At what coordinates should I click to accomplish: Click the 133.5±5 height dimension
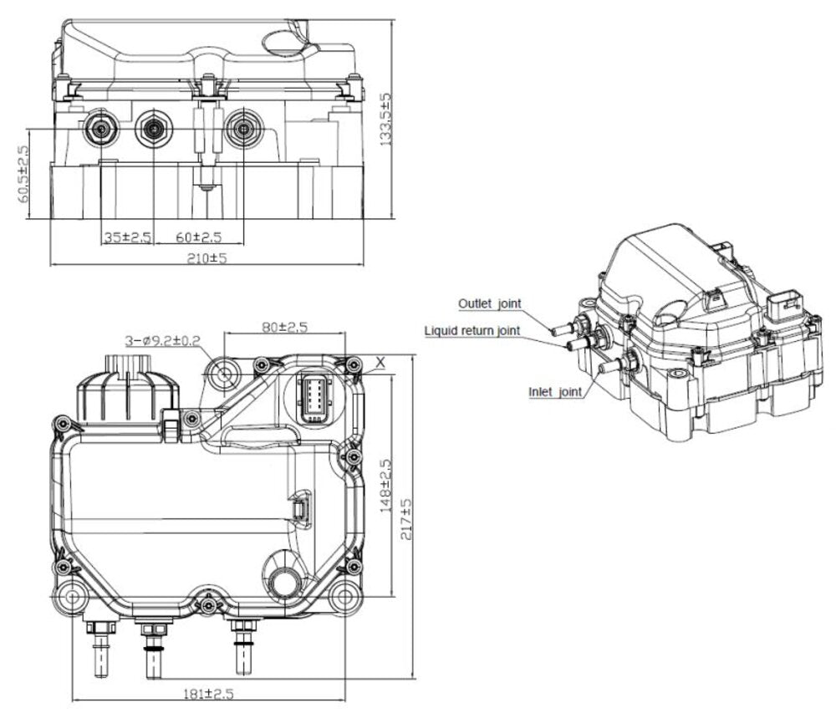tap(385, 120)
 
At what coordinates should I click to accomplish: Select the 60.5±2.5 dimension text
tap(23, 175)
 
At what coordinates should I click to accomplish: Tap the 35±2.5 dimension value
tap(127, 237)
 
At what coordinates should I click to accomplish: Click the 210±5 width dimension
tap(206, 258)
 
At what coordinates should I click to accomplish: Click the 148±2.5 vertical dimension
tap(385, 487)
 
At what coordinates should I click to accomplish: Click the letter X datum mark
tap(381, 363)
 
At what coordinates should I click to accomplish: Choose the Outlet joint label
tap(490, 303)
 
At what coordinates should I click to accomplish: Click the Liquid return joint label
tap(472, 331)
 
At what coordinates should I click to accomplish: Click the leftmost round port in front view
tap(101, 129)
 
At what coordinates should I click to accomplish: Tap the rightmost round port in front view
tap(242, 129)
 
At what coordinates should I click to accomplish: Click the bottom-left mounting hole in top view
tap(70, 598)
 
